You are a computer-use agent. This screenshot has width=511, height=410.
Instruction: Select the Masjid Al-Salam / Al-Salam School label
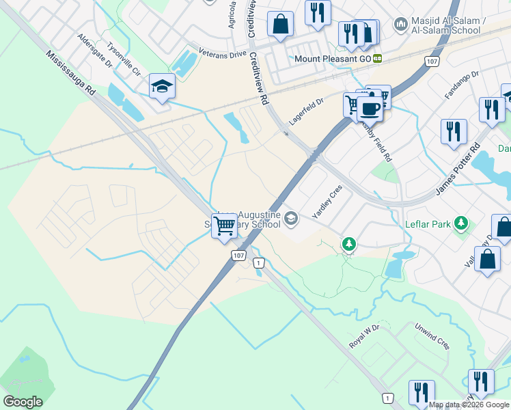(x=448, y=26)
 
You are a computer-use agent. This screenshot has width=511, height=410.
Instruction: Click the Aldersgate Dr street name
(x=94, y=50)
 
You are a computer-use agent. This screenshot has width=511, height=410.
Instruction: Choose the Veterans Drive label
(x=222, y=52)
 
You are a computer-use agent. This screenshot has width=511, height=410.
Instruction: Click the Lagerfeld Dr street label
(x=305, y=109)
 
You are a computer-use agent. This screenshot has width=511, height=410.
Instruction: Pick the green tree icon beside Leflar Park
(x=462, y=223)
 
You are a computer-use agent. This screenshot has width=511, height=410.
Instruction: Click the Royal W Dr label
(x=363, y=337)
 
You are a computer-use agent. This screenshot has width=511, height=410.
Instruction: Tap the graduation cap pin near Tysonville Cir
(x=163, y=86)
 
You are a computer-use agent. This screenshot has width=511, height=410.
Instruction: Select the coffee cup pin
(x=370, y=108)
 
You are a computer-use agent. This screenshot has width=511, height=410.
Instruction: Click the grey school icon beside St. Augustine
(x=292, y=219)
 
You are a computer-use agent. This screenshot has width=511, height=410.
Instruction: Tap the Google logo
(x=23, y=402)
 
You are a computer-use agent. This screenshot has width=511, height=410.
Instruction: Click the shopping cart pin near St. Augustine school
(x=225, y=225)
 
